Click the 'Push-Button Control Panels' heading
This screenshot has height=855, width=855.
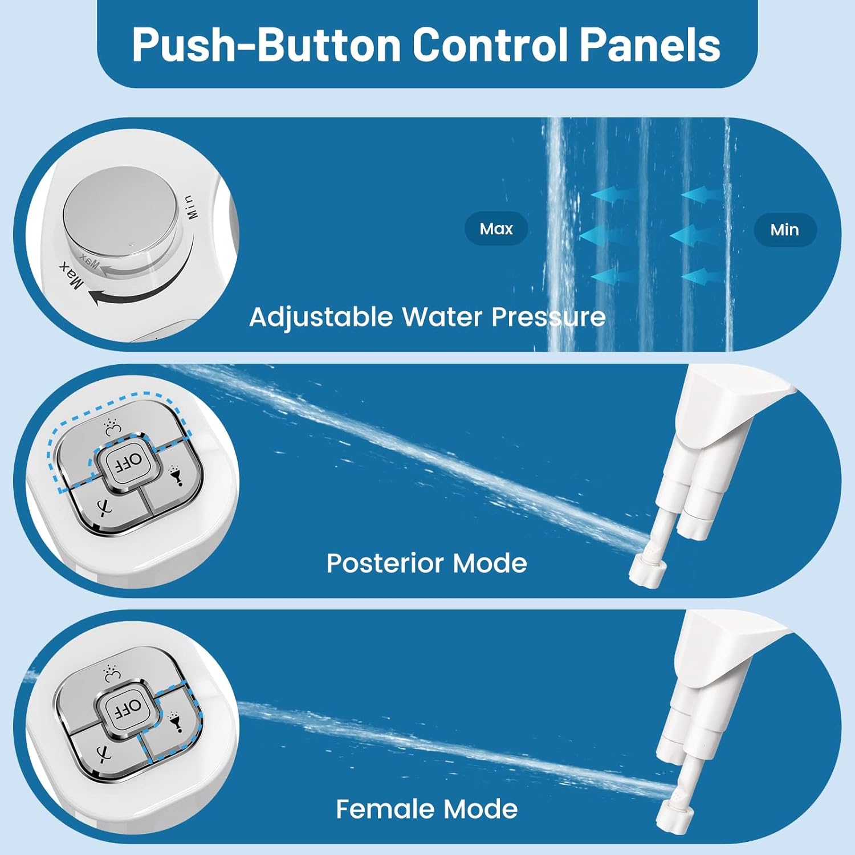point(426,44)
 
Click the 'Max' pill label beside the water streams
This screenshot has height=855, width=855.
point(496,229)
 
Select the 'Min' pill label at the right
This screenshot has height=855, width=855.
point(784,230)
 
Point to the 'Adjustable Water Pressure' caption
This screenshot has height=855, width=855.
point(427,317)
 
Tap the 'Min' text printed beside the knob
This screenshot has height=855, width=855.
point(192,207)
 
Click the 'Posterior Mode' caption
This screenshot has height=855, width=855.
point(426,563)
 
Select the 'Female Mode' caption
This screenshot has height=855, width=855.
point(426,809)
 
